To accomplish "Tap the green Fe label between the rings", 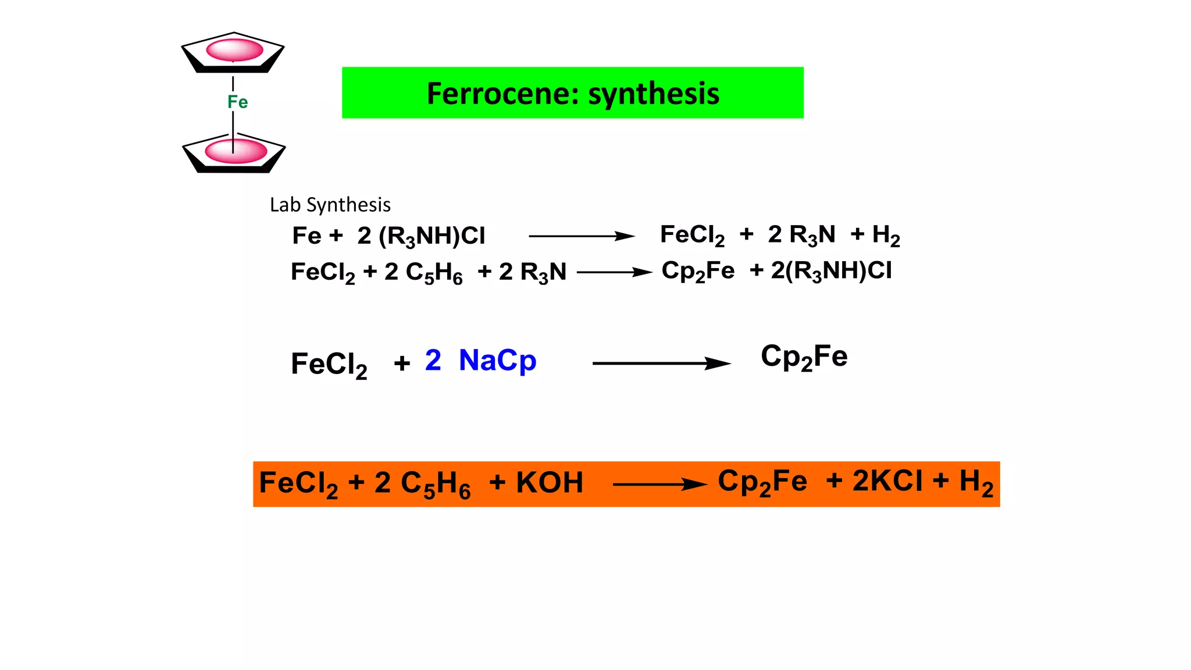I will (x=237, y=102).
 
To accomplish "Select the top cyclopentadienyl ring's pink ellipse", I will (x=234, y=50).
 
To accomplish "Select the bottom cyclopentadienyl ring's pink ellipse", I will (x=236, y=151).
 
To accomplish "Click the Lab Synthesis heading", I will (x=330, y=205).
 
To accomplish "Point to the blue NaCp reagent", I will (x=497, y=361).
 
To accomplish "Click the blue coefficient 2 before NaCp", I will (x=433, y=360).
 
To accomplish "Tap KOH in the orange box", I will (x=549, y=483).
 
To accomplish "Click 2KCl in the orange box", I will (x=887, y=482).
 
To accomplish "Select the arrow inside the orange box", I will (x=659, y=484).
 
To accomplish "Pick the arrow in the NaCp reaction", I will (x=661, y=363).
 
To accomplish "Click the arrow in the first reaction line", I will (x=581, y=236).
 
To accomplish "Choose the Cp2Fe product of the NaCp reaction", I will (x=804, y=357).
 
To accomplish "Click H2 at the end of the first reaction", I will (x=886, y=236).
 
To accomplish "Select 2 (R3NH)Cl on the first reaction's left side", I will (x=421, y=236).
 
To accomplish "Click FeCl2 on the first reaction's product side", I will (x=692, y=236).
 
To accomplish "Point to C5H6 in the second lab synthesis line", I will (x=434, y=273).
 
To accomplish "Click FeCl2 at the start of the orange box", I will (x=298, y=484).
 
